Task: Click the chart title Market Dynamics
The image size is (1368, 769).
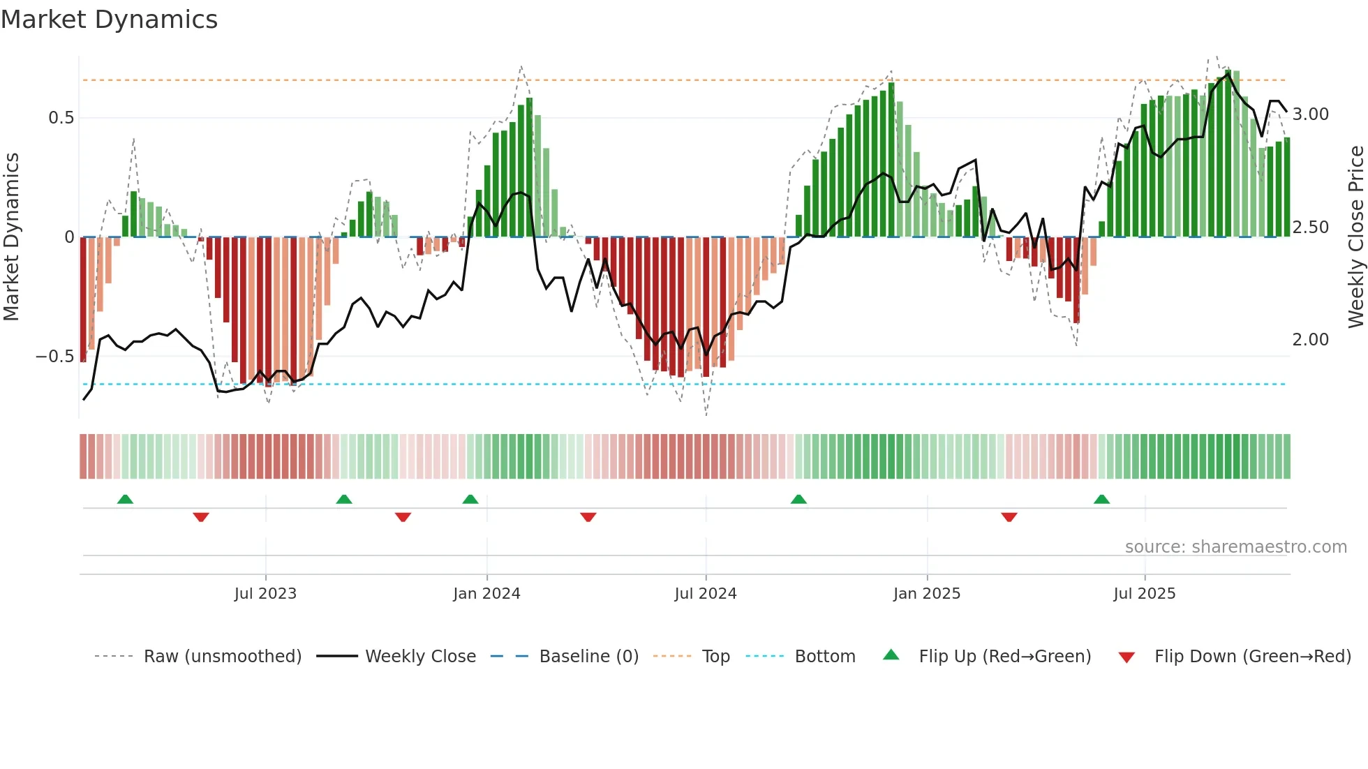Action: (109, 20)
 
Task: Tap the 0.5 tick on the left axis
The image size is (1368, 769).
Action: (61, 117)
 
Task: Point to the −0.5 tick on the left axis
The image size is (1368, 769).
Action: (55, 357)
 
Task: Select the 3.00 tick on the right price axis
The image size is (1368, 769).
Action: (1310, 114)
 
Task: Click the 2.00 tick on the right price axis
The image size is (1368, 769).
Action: (1310, 340)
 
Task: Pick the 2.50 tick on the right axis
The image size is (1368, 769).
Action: (1310, 227)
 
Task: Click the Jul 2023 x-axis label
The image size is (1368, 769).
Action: (265, 594)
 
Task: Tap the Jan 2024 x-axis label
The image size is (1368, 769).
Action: (486, 594)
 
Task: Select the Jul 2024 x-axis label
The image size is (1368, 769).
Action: (705, 594)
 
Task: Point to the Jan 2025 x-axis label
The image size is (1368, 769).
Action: (926, 594)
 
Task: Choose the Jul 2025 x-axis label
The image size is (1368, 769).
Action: (1144, 594)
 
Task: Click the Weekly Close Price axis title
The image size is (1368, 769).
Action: (1355, 237)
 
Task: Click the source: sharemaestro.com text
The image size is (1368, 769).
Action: (1235, 547)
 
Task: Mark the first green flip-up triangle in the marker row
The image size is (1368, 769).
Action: (125, 500)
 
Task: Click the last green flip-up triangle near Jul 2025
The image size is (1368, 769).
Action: (1101, 500)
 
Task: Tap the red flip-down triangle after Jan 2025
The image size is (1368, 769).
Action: (1009, 517)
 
